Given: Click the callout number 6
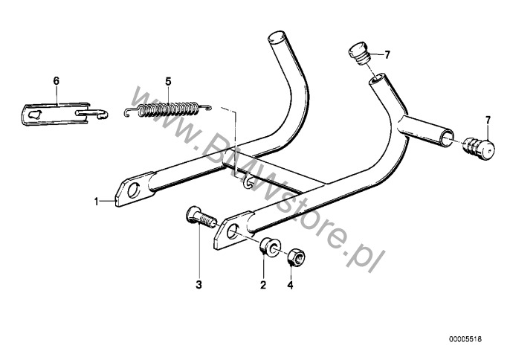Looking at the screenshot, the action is tap(57, 81).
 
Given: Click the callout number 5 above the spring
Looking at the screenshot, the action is tap(168, 82).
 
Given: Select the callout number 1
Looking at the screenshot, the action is tap(97, 202).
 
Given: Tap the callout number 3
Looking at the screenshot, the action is tap(198, 285).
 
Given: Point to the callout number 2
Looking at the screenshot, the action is tap(263, 285).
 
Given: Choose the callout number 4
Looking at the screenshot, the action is tap(290, 285).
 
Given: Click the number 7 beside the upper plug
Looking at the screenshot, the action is tap(387, 55).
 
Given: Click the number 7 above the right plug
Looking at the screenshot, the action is tap(488, 120).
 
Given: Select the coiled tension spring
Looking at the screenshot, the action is tap(168, 109).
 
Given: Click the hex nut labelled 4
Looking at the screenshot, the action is tap(295, 257).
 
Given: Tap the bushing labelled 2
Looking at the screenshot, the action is tap(270, 247).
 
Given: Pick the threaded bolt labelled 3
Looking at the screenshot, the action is tap(201, 216).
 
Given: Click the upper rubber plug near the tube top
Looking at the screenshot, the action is tap(359, 53).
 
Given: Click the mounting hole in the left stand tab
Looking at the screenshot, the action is tap(133, 190).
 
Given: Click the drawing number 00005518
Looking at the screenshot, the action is tap(465, 339).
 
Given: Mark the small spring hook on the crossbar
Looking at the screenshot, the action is tap(247, 183).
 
